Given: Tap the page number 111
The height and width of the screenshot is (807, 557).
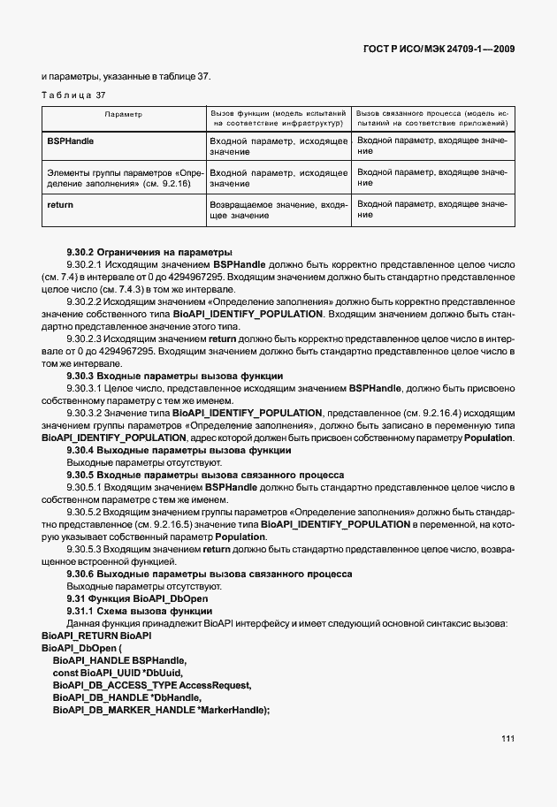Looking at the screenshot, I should (507, 738).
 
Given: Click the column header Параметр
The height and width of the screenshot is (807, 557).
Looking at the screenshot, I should (124, 115).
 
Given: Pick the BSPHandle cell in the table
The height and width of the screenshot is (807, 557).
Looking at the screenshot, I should (70, 141).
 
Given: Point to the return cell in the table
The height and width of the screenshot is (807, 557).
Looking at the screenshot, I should (60, 204).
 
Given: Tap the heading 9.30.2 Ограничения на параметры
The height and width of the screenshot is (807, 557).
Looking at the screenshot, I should (136, 252).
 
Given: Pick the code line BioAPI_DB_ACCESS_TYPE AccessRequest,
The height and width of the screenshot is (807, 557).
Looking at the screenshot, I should (152, 685).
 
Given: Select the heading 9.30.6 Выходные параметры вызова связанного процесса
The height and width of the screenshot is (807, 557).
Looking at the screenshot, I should (210, 574).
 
